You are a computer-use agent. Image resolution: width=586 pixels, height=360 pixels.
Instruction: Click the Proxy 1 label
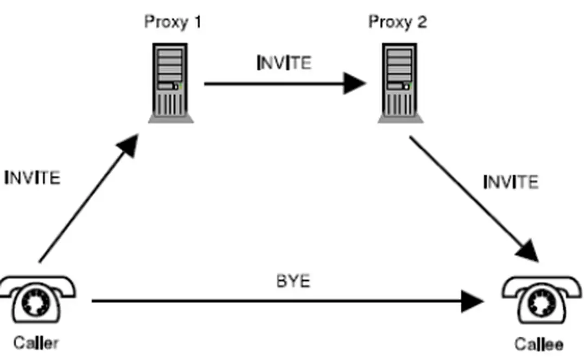(x=173, y=22)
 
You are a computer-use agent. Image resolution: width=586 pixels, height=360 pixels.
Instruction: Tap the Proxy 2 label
(x=398, y=22)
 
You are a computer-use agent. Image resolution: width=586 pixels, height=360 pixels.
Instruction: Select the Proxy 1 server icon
(x=171, y=82)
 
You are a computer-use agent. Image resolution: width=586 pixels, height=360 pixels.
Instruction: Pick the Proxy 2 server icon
(x=400, y=82)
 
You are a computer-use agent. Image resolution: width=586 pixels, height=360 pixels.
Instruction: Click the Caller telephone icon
(x=37, y=300)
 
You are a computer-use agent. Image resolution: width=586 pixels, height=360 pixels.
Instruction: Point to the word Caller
(x=36, y=343)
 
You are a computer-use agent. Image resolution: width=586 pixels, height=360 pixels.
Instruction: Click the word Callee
(x=539, y=344)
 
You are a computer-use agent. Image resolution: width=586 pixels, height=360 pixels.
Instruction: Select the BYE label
(x=293, y=281)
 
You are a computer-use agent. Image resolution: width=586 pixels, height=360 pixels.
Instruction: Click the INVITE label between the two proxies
(x=284, y=63)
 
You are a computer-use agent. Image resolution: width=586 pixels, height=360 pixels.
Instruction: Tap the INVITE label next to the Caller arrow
(x=32, y=178)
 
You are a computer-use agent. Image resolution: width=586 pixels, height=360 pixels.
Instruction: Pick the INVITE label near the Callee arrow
(x=511, y=182)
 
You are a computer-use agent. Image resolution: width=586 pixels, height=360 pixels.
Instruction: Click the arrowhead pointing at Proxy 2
(x=355, y=83)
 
